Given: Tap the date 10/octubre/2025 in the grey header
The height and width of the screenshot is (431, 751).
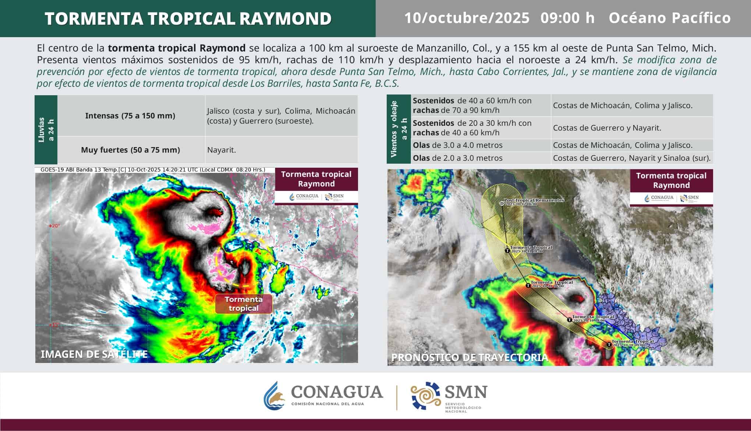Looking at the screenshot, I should pyautogui.click(x=467, y=18).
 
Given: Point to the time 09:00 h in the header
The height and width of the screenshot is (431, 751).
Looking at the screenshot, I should pyautogui.click(x=567, y=18).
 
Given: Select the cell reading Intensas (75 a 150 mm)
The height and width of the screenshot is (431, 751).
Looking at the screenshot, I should pyautogui.click(x=130, y=116).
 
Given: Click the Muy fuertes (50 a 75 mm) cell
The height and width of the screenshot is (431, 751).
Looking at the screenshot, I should pyautogui.click(x=130, y=150).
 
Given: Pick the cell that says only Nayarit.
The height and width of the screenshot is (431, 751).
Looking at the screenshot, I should pyautogui.click(x=222, y=150).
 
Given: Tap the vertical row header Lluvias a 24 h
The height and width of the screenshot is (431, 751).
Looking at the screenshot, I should pyautogui.click(x=46, y=129).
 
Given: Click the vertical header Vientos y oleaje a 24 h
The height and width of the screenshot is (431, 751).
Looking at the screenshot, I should pyautogui.click(x=398, y=129).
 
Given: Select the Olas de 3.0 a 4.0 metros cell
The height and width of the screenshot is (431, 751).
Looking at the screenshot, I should pyautogui.click(x=457, y=145).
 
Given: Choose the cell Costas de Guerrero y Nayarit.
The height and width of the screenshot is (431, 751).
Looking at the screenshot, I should pyautogui.click(x=607, y=128).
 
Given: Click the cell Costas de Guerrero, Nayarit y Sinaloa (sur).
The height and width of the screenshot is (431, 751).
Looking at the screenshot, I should pyautogui.click(x=631, y=158).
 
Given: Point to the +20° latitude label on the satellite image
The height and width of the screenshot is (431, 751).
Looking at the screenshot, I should pyautogui.click(x=54, y=226).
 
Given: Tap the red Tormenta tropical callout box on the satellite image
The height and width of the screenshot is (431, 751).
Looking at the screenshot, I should pyautogui.click(x=244, y=304).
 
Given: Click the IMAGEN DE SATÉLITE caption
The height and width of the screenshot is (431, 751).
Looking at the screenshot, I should pyautogui.click(x=94, y=354).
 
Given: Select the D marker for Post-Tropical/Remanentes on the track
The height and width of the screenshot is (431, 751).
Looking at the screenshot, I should pyautogui.click(x=502, y=203).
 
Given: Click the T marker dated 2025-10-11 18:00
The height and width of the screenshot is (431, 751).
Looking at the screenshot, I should pyautogui.click(x=508, y=251).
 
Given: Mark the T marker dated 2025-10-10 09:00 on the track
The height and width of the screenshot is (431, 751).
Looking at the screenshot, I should pyautogui.click(x=609, y=345).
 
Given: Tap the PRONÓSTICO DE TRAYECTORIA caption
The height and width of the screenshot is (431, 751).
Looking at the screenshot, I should pyautogui.click(x=470, y=357).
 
